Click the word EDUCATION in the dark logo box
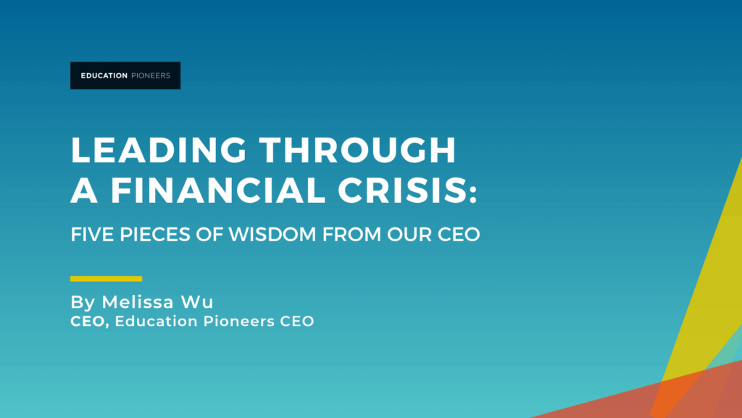coord(104,75)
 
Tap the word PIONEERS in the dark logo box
coord(151,75)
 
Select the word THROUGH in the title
coord(358,151)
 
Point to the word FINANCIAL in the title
coord(217,190)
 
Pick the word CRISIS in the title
coord(401,190)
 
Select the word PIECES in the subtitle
coord(155,235)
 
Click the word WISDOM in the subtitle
coord(272,235)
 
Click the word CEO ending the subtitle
coord(459,235)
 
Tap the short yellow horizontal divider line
coord(106,278)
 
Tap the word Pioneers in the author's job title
coord(239,322)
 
